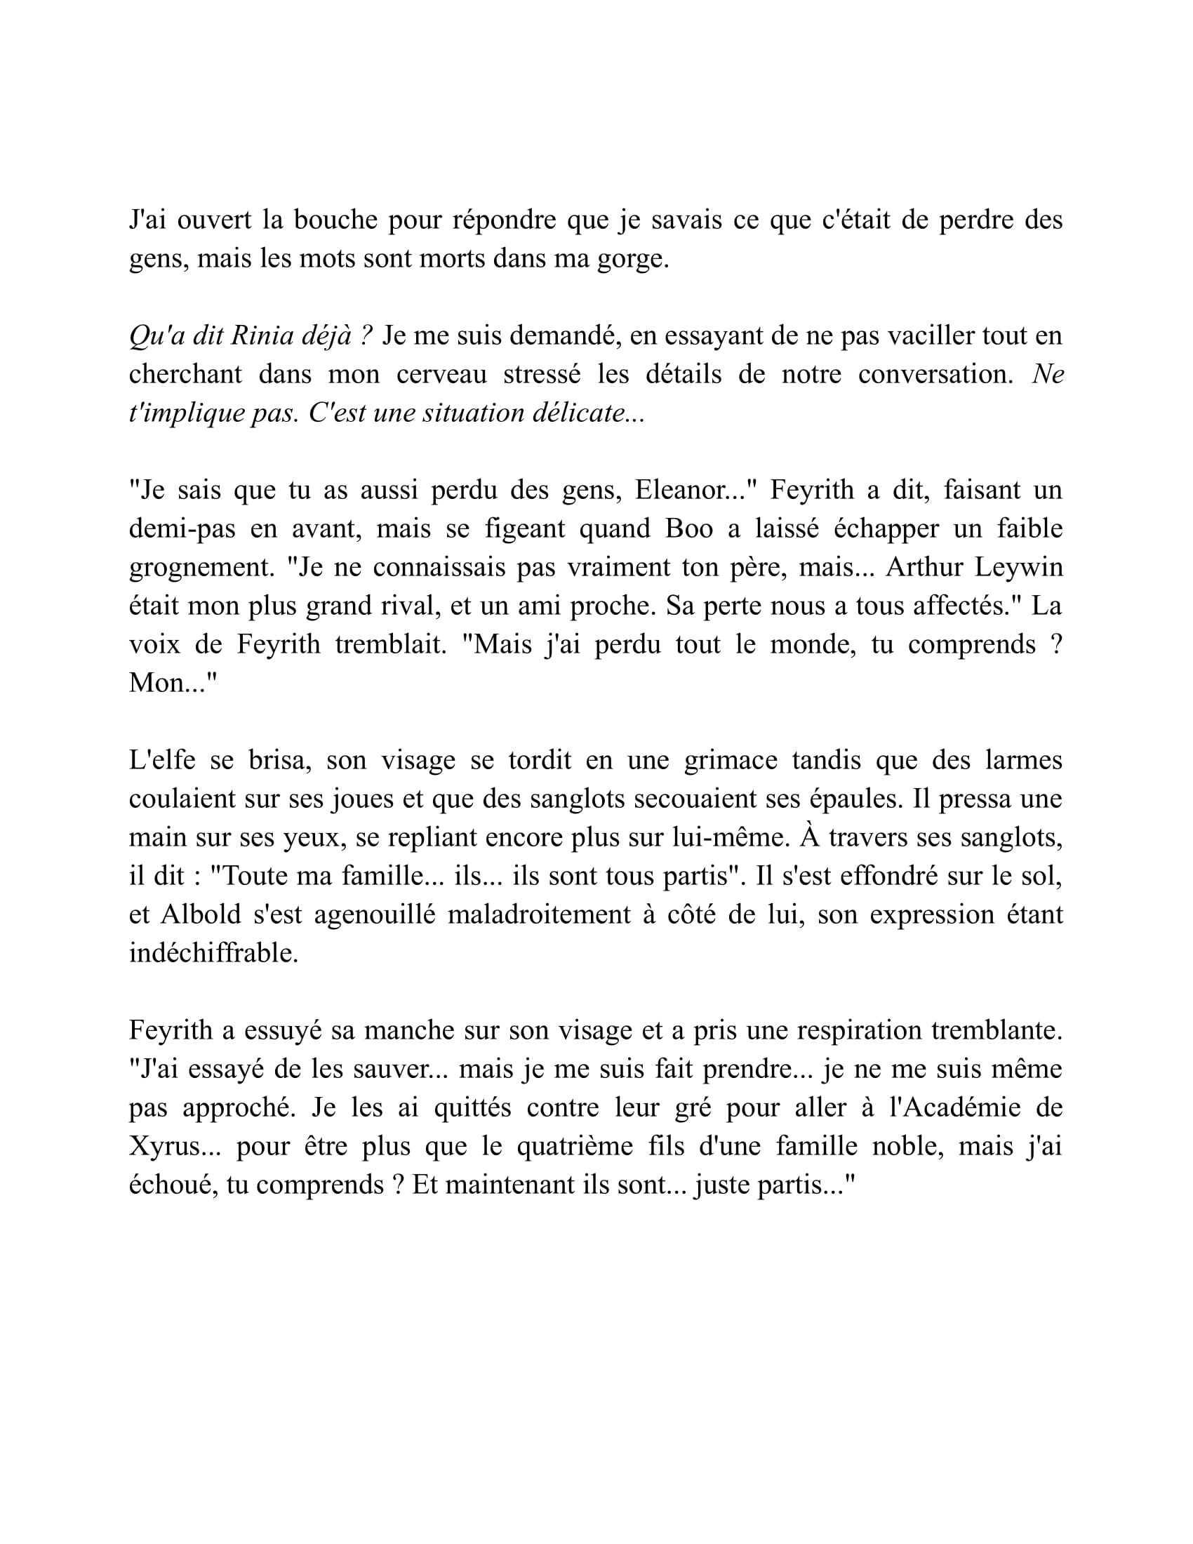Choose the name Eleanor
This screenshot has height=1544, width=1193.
(x=689, y=490)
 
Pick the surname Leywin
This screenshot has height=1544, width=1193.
(x=1018, y=567)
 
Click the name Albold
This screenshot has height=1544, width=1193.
(x=201, y=914)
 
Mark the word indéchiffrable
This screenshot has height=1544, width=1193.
(x=213, y=954)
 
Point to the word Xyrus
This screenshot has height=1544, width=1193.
(x=175, y=1146)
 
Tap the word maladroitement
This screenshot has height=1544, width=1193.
(x=539, y=914)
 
